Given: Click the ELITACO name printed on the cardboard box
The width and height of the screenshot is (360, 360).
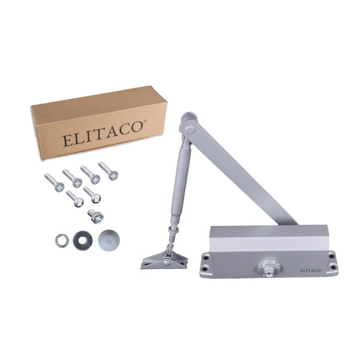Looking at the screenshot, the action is pyautogui.click(x=103, y=134).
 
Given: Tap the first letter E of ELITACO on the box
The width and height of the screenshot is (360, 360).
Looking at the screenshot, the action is pyautogui.click(x=67, y=141).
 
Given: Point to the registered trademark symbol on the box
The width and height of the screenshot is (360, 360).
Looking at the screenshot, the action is pyautogui.click(x=145, y=121).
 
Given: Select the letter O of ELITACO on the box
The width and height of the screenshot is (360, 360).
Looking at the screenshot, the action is pyautogui.click(x=136, y=127).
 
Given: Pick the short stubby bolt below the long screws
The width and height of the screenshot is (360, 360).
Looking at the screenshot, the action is pyautogui.click(x=96, y=217).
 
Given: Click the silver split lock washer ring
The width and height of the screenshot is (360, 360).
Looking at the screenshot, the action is pyautogui.click(x=62, y=241).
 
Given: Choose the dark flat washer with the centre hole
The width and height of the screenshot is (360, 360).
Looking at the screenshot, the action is pyautogui.click(x=83, y=241).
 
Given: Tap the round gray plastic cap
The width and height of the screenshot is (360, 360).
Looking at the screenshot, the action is pyautogui.click(x=109, y=241).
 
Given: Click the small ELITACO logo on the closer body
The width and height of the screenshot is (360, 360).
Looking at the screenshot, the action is pyautogui.click(x=311, y=271).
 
